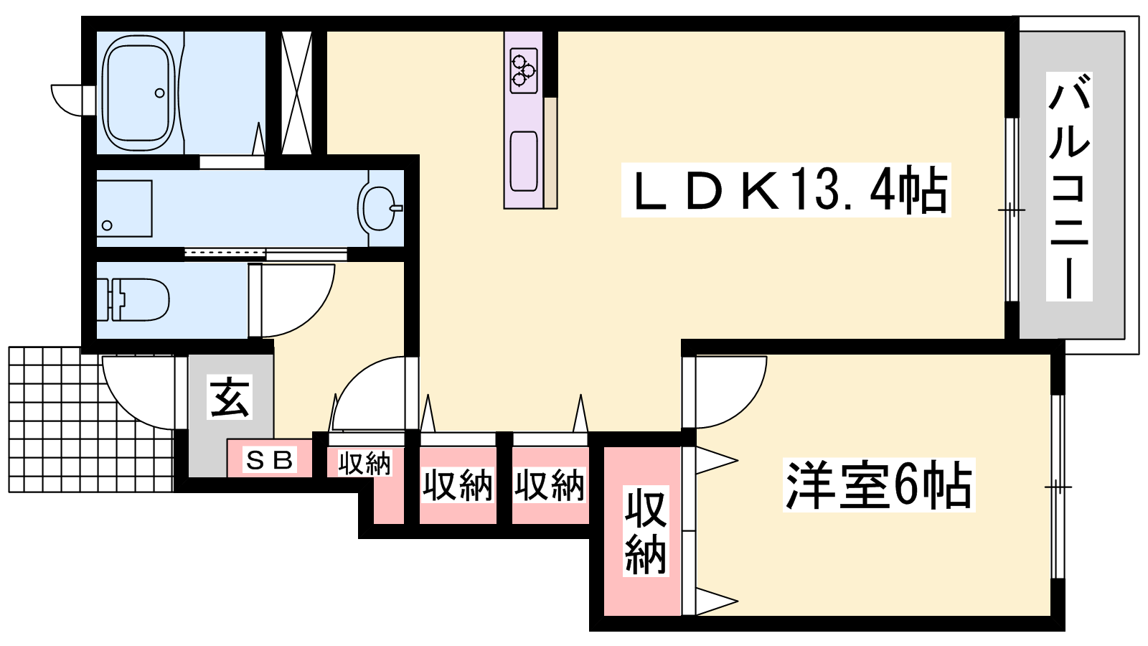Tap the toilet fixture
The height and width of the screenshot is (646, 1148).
point(133,299)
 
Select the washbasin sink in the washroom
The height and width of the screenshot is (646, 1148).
point(380,207)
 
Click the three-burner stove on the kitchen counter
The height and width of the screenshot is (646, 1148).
point(523,71)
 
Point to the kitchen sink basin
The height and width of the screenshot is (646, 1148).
point(523,161)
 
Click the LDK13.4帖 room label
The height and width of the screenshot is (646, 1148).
point(786,190)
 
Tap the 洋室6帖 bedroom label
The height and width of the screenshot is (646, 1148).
point(878,484)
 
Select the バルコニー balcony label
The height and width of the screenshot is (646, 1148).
point(1069,186)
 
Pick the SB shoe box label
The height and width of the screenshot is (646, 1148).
point(270,460)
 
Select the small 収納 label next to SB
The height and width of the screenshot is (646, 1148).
point(364,464)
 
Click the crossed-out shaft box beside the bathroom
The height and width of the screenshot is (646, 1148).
point(296,93)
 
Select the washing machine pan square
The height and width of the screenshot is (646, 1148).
point(125,208)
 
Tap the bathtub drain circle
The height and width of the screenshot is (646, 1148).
point(159,93)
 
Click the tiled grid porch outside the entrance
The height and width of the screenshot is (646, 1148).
point(91,419)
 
